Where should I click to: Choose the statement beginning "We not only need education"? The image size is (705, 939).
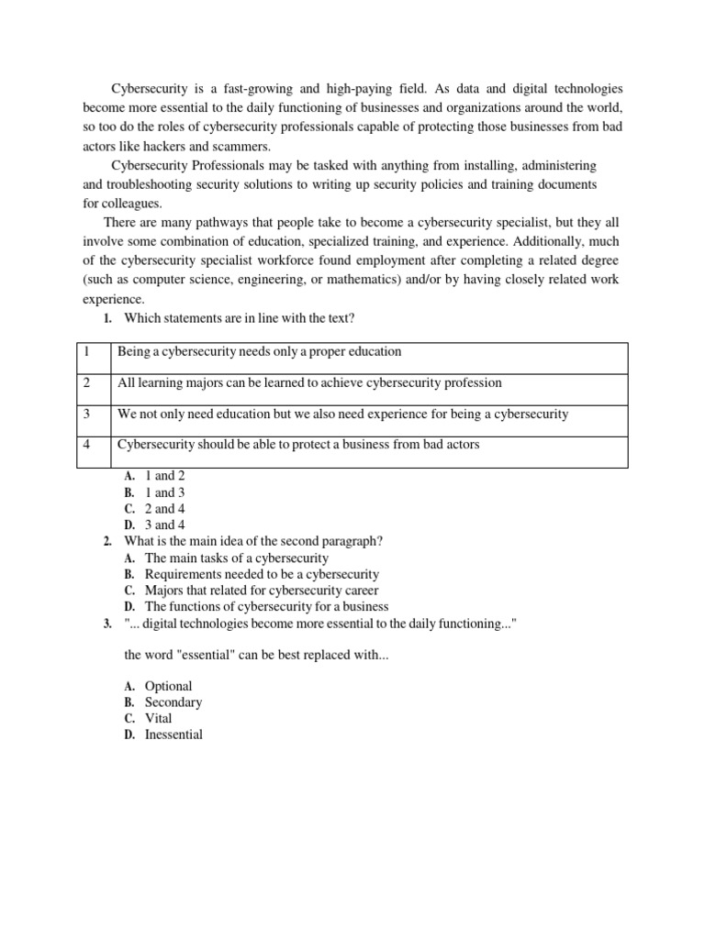(x=342, y=414)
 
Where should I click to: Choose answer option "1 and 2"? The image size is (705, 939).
(x=164, y=476)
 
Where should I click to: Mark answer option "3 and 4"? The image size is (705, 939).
(x=164, y=525)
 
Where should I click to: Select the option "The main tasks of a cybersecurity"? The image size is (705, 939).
(x=237, y=558)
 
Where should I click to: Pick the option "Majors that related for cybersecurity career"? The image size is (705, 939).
(x=262, y=591)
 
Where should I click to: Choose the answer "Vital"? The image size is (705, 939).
(x=159, y=718)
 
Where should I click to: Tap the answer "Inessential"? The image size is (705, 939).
(x=174, y=735)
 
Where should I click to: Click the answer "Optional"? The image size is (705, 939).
(x=169, y=686)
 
